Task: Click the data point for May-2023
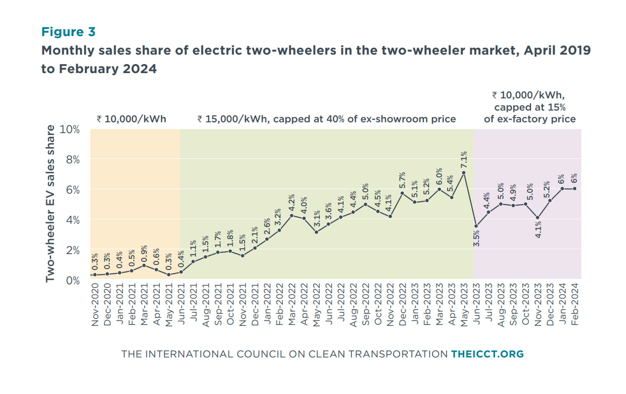(464, 173)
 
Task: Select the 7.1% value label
(464, 160)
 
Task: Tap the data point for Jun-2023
(476, 226)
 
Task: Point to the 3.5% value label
(477, 238)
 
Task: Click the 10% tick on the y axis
(70, 130)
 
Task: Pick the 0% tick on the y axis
(73, 280)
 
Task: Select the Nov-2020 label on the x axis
(95, 304)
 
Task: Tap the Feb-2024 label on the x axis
(575, 304)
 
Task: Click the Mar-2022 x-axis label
(292, 304)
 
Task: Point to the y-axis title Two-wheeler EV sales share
(50, 204)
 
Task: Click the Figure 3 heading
(69, 32)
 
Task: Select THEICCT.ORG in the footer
(487, 354)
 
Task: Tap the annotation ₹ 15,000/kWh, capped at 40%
(326, 119)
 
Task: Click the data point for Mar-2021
(144, 265)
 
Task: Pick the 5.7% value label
(402, 180)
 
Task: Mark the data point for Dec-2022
(402, 193)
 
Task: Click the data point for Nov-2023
(537, 218)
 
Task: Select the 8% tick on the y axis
(73, 160)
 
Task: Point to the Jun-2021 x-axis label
(181, 304)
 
